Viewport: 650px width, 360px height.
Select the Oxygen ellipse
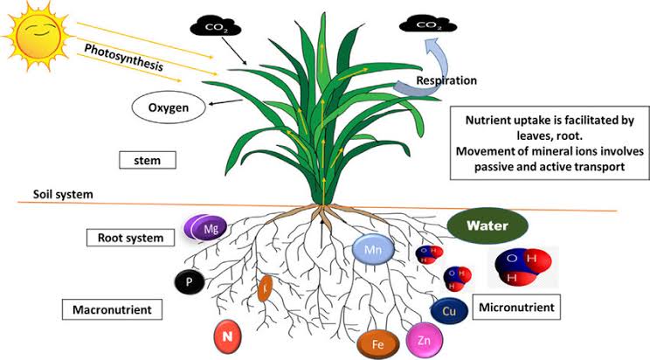click(x=169, y=108)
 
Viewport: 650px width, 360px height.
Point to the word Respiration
click(x=446, y=80)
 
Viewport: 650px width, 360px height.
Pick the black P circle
click(x=189, y=281)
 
